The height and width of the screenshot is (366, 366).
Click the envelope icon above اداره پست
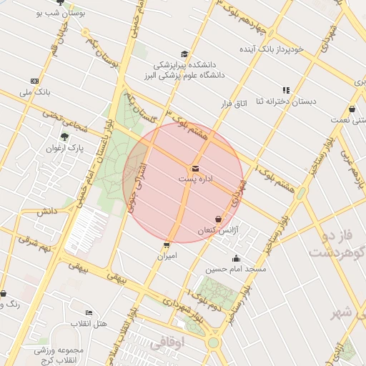[194, 169]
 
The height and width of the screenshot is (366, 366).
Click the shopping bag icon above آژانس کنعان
[218, 219]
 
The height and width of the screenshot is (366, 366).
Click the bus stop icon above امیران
[167, 244]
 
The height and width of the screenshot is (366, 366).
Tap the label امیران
[167, 255]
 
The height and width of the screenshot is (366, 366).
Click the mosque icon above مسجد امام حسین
[237, 259]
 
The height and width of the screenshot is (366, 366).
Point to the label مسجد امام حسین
[236, 269]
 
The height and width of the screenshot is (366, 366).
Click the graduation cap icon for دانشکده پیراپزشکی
[184, 54]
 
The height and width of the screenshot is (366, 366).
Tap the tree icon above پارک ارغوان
[65, 137]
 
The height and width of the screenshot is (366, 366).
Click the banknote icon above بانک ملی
[34, 81]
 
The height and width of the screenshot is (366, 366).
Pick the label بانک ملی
[34, 92]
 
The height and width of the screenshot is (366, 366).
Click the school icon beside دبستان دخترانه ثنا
[286, 90]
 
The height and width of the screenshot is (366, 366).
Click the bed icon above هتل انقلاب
[89, 312]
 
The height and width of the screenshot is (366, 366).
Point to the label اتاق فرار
[233, 104]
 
